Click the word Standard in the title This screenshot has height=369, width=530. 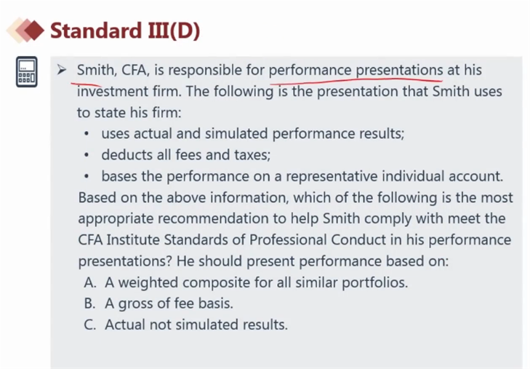coord(96,31)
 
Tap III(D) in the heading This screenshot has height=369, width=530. coord(174,31)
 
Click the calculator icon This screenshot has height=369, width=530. coord(27,72)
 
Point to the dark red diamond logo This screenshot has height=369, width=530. coord(33,30)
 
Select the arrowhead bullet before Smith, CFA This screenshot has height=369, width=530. coord(62,70)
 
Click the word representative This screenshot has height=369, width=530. coord(332,176)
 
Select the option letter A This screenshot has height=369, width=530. coord(90,282)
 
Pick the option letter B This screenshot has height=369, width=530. coord(89,303)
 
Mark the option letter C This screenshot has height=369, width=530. coord(89,325)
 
